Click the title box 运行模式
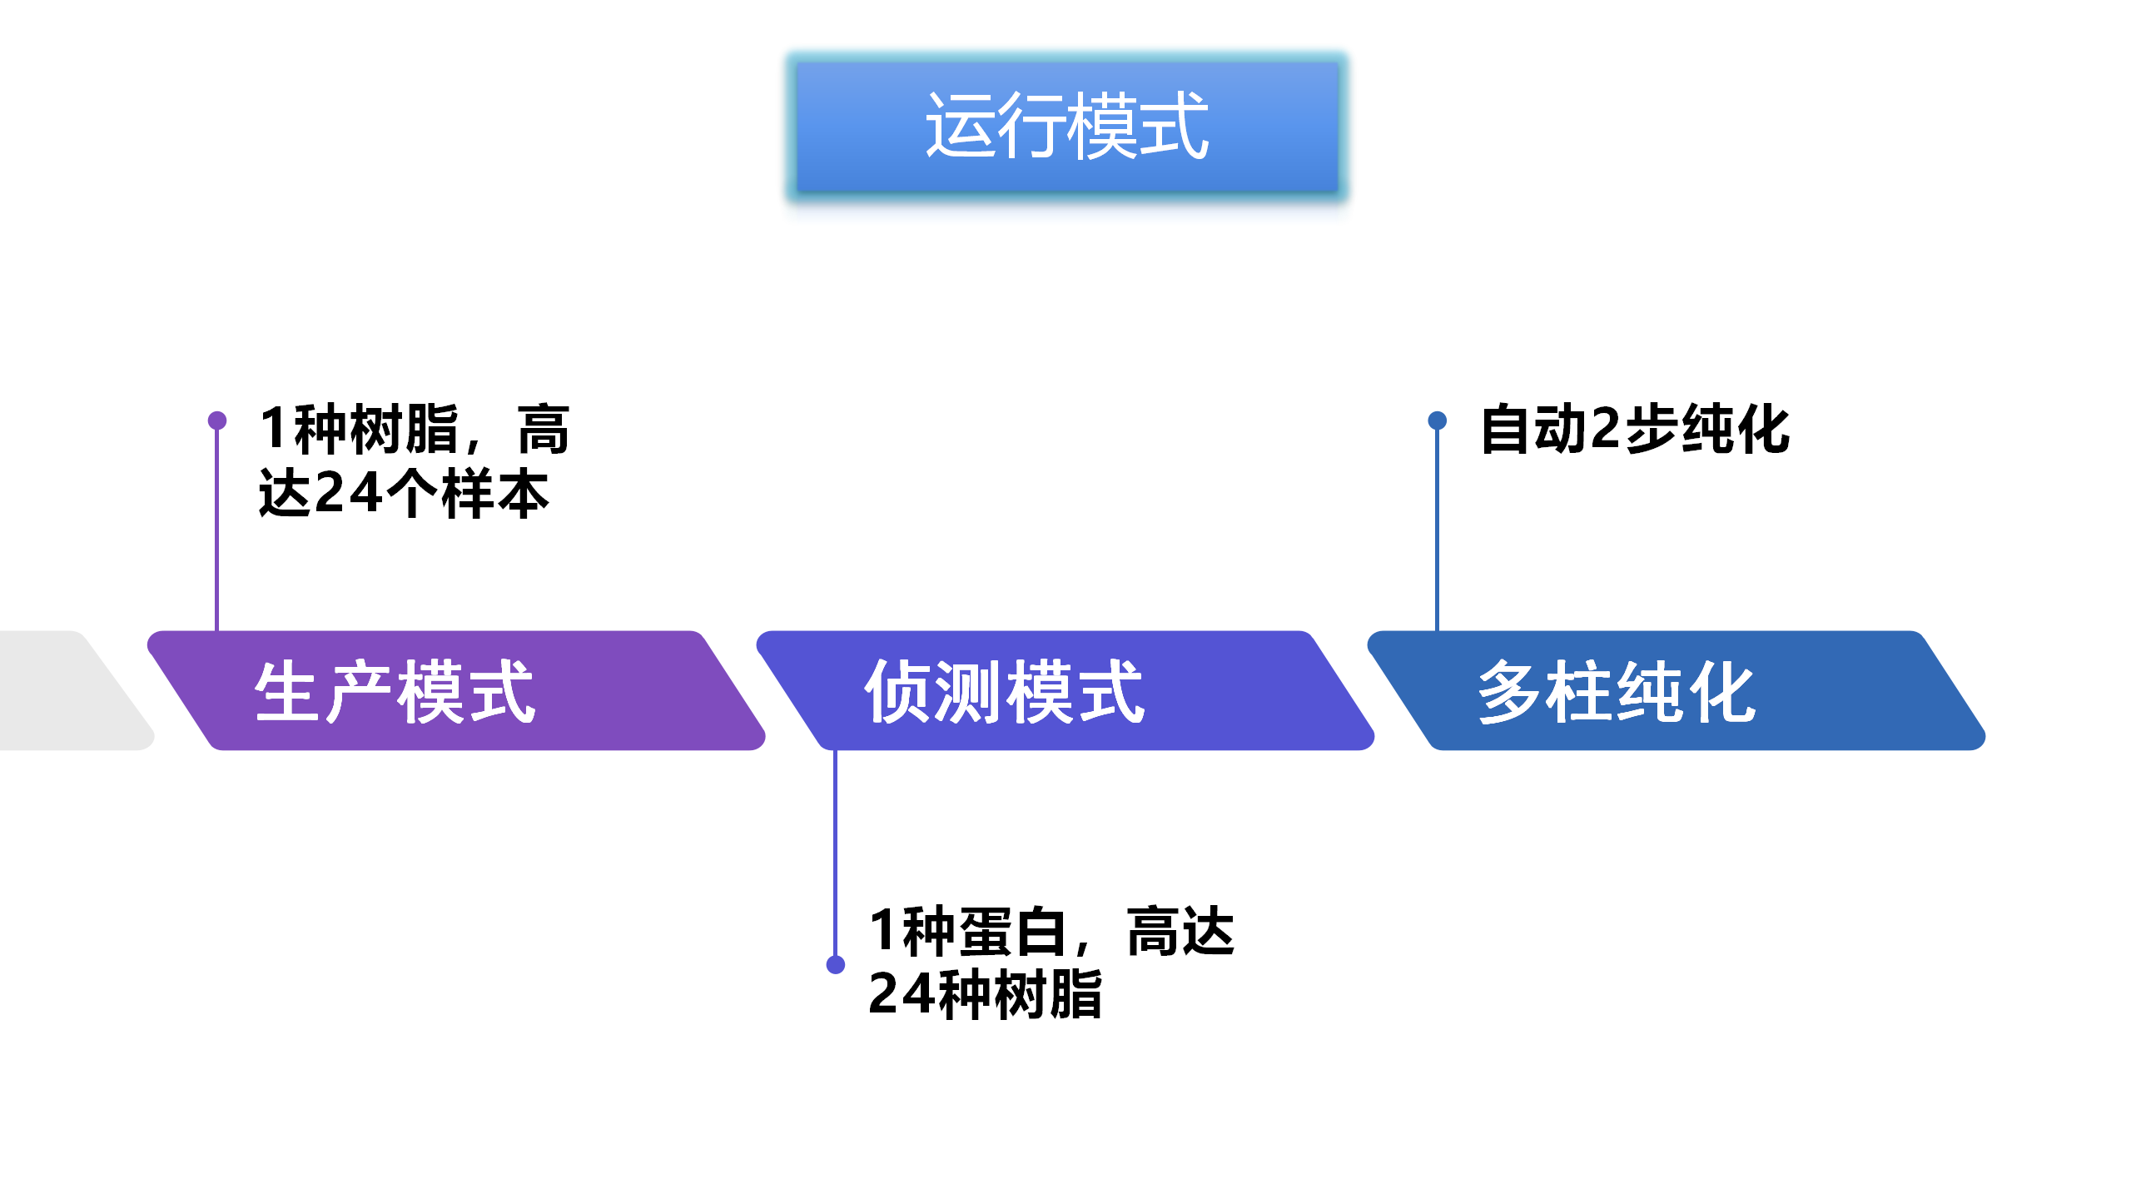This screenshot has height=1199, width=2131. coord(1066,127)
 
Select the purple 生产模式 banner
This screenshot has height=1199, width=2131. coord(456,690)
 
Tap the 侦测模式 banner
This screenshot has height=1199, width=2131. coord(1065,690)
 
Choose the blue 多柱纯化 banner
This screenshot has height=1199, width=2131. coord(1676,690)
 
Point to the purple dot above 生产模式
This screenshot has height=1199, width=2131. coord(217,420)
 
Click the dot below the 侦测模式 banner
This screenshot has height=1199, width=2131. coord(836,964)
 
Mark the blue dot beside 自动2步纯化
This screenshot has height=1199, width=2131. coord(1437,420)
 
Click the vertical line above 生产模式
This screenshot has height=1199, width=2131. coord(217,533)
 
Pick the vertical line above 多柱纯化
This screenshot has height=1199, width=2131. coord(1437,533)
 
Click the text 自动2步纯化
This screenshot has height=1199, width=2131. coord(1635,430)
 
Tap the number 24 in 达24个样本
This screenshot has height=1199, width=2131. coord(350,493)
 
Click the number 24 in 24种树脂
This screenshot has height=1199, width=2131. coord(902,994)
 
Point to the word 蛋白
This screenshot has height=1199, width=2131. coord(1013,931)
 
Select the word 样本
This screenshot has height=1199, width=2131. coord(495,493)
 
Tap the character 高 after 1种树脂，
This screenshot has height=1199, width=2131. coord(543,430)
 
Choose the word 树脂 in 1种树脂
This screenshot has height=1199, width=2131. coord(405,430)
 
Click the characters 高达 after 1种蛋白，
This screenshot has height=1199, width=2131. coord(1180,931)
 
